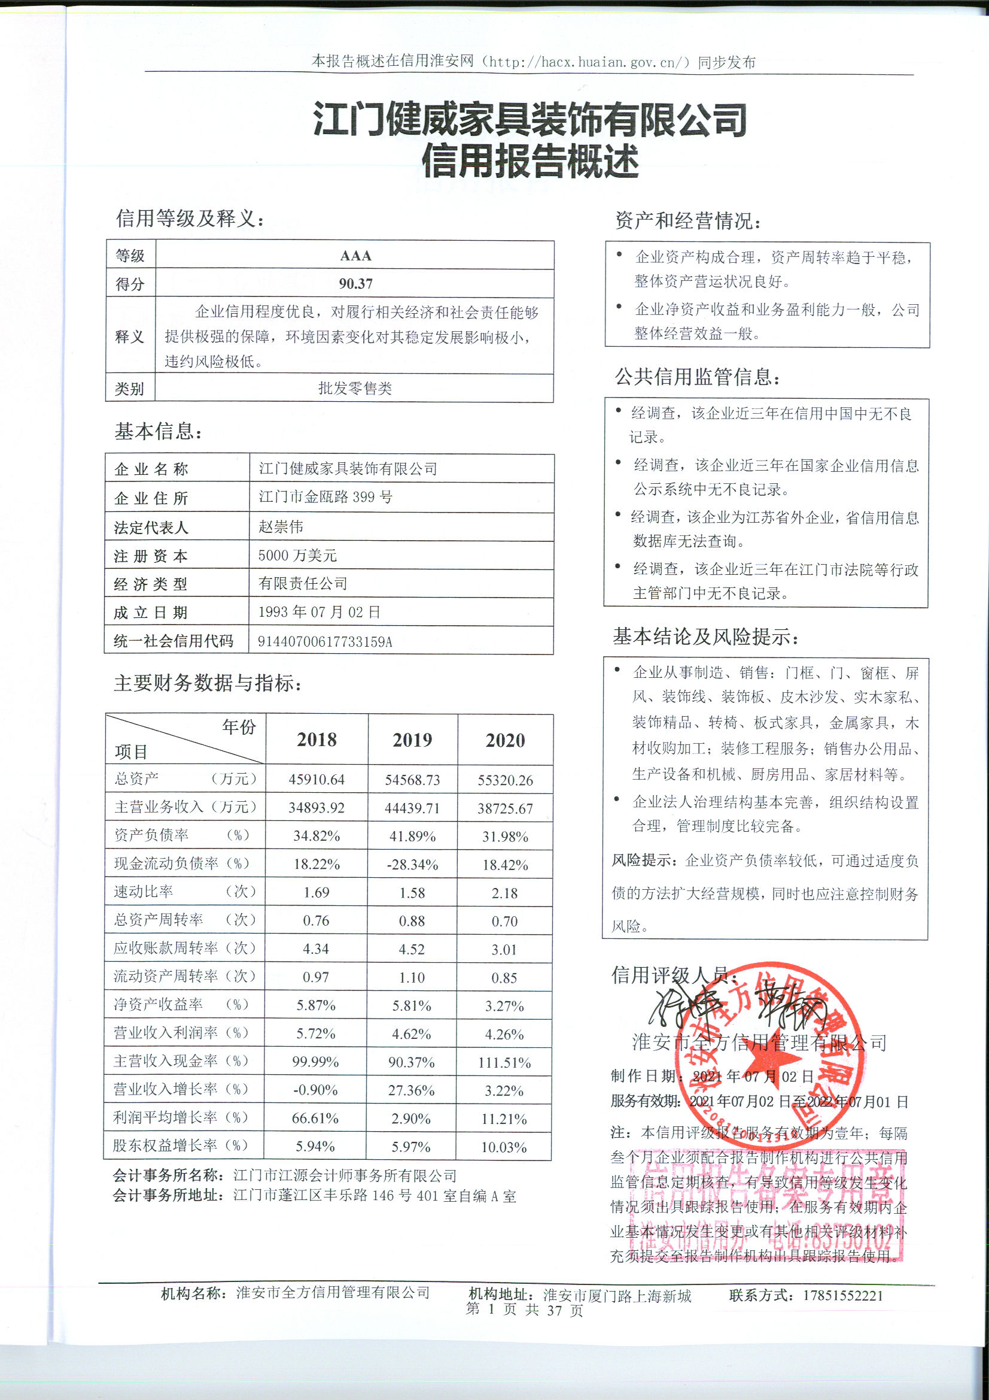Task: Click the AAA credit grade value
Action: (355, 256)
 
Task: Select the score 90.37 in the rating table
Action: (355, 284)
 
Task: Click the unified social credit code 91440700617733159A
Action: (325, 641)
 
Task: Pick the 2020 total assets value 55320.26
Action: (505, 780)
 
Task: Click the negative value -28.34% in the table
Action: (413, 865)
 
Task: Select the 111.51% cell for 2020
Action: (504, 1063)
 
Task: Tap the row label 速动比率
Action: (144, 892)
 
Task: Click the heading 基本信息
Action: (158, 432)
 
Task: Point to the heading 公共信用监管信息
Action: (697, 377)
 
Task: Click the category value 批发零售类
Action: (355, 389)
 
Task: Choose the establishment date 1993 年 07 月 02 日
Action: (319, 612)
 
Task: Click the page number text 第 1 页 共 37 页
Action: (524, 1310)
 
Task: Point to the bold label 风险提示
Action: (644, 860)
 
